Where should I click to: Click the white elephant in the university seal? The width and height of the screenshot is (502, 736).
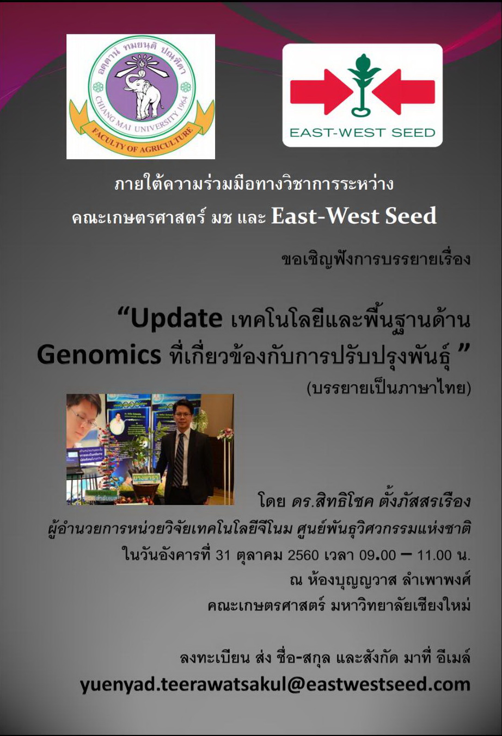pos(143,95)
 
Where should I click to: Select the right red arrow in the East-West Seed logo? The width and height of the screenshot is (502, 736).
pos(404,92)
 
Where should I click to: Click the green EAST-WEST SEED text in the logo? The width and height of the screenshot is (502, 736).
pos(363,133)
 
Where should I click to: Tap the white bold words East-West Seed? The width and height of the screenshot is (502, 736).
pos(354,216)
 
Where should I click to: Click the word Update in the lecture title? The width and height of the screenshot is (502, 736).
pos(176,319)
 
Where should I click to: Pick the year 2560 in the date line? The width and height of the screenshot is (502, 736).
pos(303,556)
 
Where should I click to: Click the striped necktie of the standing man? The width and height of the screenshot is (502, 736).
pos(179,459)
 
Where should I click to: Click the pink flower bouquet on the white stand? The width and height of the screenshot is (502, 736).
pos(225,433)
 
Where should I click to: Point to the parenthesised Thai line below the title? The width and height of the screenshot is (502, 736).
pos(388,388)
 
